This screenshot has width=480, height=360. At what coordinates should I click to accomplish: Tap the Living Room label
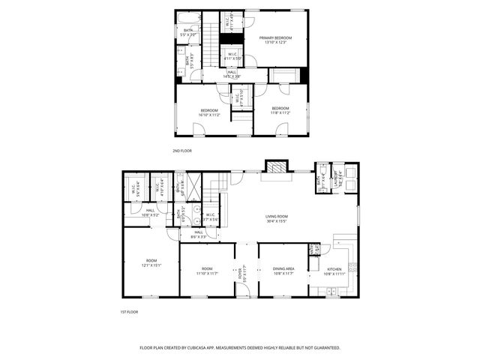277,218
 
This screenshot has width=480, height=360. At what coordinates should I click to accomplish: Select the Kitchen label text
334,270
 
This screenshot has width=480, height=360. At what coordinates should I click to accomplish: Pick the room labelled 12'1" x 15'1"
151,262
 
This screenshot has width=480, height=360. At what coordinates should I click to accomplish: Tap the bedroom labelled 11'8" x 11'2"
280,111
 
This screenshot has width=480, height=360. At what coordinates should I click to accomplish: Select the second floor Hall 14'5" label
232,74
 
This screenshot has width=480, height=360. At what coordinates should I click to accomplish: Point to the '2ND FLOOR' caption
181,150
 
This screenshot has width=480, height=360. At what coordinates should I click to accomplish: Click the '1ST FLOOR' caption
129,311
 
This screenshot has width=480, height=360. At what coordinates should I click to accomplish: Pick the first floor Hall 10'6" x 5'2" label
151,213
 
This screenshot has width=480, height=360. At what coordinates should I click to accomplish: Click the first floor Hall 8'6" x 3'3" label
198,234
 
